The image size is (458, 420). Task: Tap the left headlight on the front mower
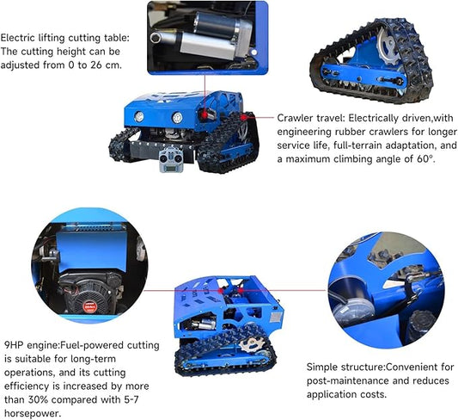tap(139, 117)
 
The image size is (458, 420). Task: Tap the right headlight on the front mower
tap(177, 118)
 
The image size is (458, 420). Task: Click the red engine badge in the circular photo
tap(89, 306)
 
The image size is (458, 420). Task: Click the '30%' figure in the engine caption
tap(38, 400)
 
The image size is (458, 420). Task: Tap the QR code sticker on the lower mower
tap(276, 317)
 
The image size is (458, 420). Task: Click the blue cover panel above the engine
tap(92, 252)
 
